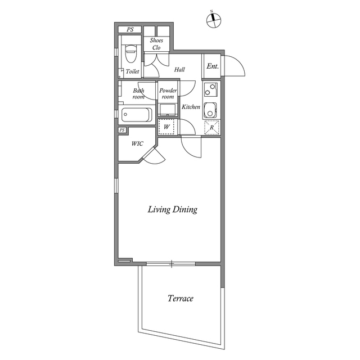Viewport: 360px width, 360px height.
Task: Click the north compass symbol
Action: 214,20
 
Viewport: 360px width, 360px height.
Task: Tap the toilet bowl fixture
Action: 130,53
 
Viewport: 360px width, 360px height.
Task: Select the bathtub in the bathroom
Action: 137,115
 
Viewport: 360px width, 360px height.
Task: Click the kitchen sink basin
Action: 210,110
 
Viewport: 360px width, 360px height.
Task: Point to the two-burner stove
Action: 210,89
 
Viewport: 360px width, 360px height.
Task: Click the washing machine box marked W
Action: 166,127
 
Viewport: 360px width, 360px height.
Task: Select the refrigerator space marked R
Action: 211,128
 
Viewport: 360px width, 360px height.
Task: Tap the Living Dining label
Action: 173,209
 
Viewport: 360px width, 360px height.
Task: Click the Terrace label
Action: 181,298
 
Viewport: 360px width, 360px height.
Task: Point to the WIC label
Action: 137,144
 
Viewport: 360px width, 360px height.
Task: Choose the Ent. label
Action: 213,66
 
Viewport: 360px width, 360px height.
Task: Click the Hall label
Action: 179,69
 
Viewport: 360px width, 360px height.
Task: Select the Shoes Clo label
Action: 156,44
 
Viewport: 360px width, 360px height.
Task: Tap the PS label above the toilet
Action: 130,29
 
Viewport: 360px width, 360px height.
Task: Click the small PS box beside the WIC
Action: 122,130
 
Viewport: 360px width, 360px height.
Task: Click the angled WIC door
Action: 154,156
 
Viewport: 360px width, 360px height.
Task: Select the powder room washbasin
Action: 168,110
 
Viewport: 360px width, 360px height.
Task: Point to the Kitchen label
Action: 191,107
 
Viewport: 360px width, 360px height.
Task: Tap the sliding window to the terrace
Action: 171,264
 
